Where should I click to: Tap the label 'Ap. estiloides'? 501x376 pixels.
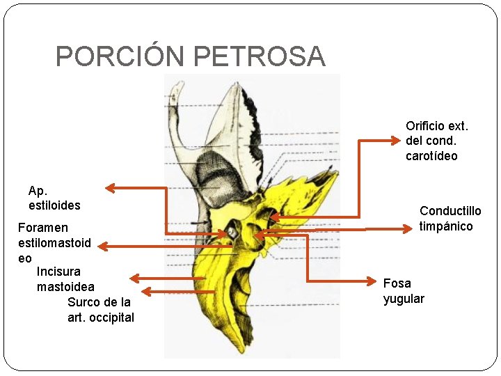(x=54, y=198)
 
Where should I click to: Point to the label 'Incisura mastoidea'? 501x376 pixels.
(x=65, y=279)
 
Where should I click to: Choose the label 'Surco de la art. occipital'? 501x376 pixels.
(x=101, y=310)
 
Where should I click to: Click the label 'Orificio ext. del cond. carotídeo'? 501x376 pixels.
(x=437, y=141)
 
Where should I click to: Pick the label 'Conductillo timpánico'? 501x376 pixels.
(x=450, y=219)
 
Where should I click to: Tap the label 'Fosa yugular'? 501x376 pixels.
(x=404, y=291)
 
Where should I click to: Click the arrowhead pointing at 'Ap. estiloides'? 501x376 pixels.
(x=109, y=187)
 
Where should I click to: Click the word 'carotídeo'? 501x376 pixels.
(x=431, y=156)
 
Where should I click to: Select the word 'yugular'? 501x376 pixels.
(x=404, y=299)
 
